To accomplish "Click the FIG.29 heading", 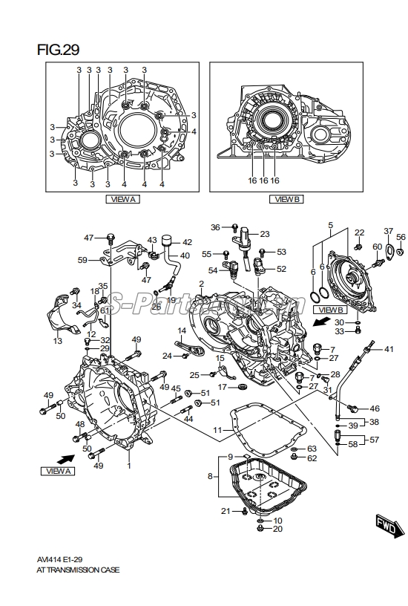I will click(x=59, y=50).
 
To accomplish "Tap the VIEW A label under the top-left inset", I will click(x=122, y=199).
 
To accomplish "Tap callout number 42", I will click(x=186, y=242).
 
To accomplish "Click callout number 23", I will click(x=264, y=234).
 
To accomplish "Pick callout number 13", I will click(x=58, y=341).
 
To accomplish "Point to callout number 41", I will click(x=388, y=348).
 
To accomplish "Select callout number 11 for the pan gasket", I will click(x=217, y=430).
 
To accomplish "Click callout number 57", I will click(x=374, y=440).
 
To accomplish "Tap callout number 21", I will click(x=226, y=511).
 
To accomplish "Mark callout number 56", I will click(x=401, y=237).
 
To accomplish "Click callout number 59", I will click(x=83, y=260).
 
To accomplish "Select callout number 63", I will click(x=312, y=449).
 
